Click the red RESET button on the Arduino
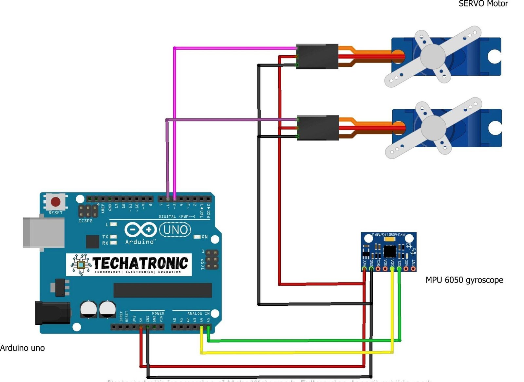[x=56, y=202]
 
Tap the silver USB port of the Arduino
[x=44, y=232]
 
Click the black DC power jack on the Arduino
[x=52, y=313]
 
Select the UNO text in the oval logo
[x=176, y=230]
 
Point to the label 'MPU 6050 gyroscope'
[x=464, y=280]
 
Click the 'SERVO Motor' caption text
[x=483, y=4]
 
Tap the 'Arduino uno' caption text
[x=22, y=348]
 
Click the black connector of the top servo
[x=317, y=56]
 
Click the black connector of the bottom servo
[x=318, y=128]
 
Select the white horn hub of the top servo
[x=433, y=56]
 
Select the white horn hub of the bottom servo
[x=433, y=128]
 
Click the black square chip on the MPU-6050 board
[x=390, y=251]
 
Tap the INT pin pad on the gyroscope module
[x=413, y=269]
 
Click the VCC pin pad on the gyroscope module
[x=364, y=269]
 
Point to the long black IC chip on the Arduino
[x=162, y=290]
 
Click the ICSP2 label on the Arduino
[x=85, y=221]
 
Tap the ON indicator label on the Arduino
[x=204, y=237]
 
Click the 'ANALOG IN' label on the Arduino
[x=198, y=313]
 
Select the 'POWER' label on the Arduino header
[x=158, y=313]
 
